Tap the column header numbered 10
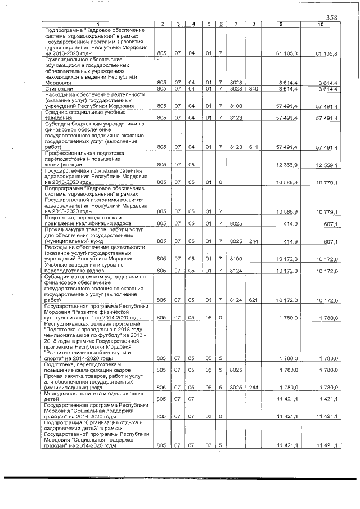pos(320,24)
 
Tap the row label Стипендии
pos(56,88)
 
